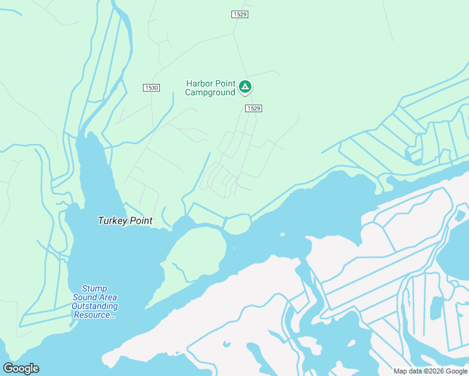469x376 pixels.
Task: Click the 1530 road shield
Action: pyautogui.click(x=150, y=88)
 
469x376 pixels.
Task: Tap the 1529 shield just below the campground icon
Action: pyautogui.click(x=253, y=108)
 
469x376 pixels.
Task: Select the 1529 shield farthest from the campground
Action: pyautogui.click(x=240, y=14)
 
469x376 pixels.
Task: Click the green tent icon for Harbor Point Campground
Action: pyautogui.click(x=245, y=86)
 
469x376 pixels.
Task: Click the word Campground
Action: pyautogui.click(x=210, y=93)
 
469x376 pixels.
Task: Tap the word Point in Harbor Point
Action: pyautogui.click(x=226, y=84)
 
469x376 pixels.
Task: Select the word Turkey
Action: pyautogui.click(x=112, y=221)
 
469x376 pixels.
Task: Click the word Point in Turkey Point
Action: pyautogui.click(x=140, y=221)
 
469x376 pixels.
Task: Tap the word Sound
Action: pyautogui.click(x=85, y=297)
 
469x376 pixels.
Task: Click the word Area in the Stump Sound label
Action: pyautogui.click(x=108, y=297)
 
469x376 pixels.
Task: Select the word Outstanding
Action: pyautogui.click(x=95, y=306)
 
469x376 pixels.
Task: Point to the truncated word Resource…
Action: pyautogui.click(x=95, y=315)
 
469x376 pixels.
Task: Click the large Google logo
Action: pyautogui.click(x=21, y=368)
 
